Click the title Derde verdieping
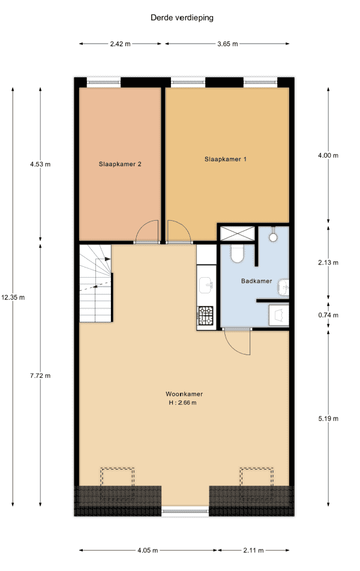[182, 18]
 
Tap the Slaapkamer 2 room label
[120, 164]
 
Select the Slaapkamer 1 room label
[226, 159]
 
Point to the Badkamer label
[257, 281]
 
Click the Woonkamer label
[184, 394]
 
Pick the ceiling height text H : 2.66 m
[182, 403]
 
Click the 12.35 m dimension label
[13, 297]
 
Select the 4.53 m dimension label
[40, 164]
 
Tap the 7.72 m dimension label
[40, 376]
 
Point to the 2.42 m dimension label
[120, 44]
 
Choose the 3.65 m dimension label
[228, 44]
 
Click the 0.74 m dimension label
[328, 315]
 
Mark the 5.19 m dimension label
[328, 419]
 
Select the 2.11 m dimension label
[253, 550]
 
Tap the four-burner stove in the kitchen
[206, 315]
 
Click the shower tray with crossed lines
[238, 234]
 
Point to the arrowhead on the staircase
[107, 259]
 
